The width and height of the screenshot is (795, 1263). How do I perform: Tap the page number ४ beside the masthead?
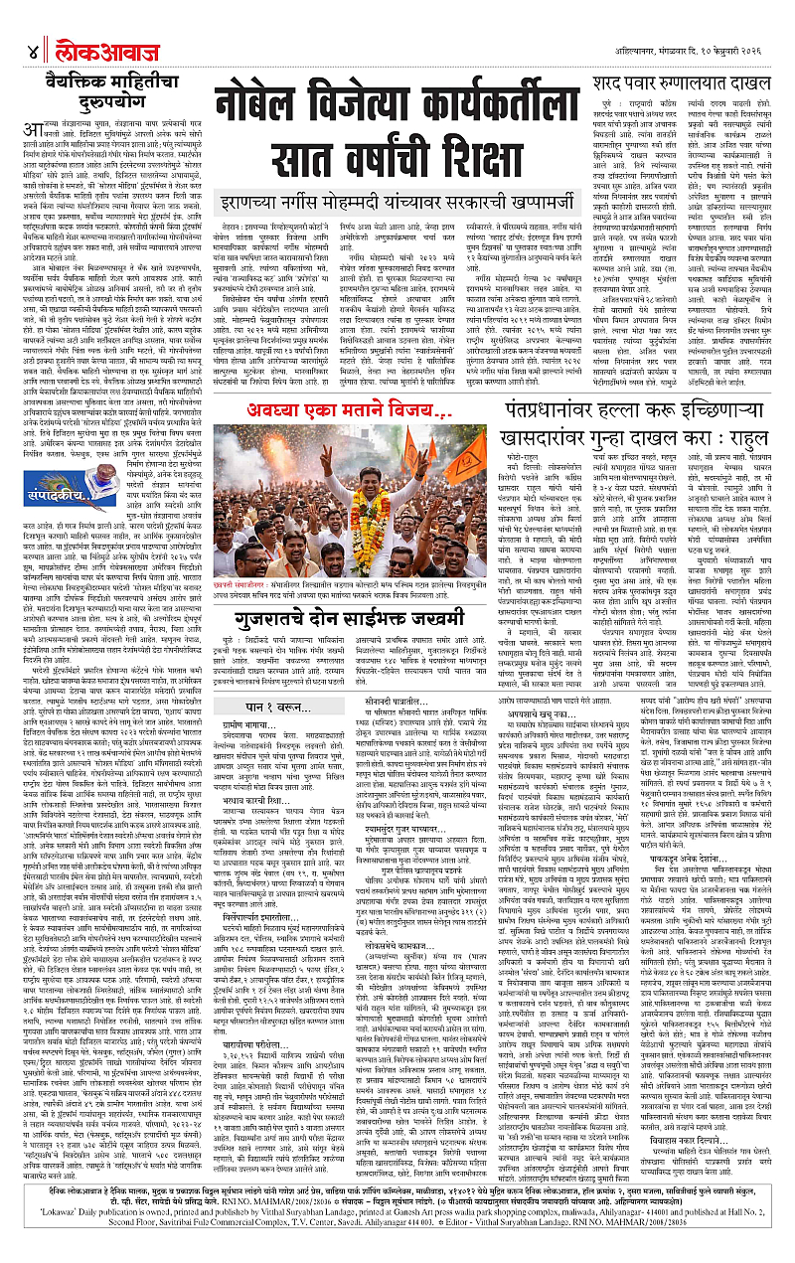tap(33, 51)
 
